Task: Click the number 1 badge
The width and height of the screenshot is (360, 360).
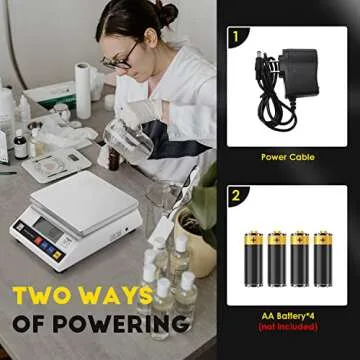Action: (236, 39)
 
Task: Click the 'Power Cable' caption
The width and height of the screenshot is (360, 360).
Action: (287, 157)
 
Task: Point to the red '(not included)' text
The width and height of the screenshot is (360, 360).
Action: (287, 327)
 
